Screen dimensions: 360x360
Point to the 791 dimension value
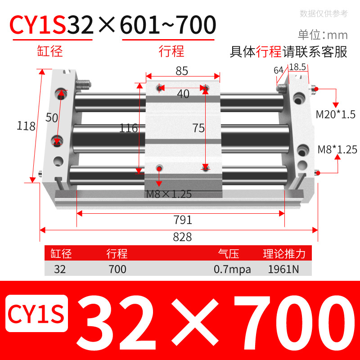coord(183,220)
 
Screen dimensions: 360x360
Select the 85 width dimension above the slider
coord(182,71)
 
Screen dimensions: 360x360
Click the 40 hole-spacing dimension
coord(183,94)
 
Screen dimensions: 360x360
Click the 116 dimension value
coord(129,128)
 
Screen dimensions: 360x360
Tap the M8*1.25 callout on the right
coord(337,149)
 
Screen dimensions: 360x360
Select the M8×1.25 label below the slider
coord(169,194)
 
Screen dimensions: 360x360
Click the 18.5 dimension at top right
coord(297,67)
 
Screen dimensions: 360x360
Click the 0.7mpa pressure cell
coord(232,270)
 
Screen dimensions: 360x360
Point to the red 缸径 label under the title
coord(50,51)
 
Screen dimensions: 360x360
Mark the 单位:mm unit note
coord(323,35)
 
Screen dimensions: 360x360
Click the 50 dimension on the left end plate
coord(52,117)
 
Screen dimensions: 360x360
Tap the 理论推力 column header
coord(284,254)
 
